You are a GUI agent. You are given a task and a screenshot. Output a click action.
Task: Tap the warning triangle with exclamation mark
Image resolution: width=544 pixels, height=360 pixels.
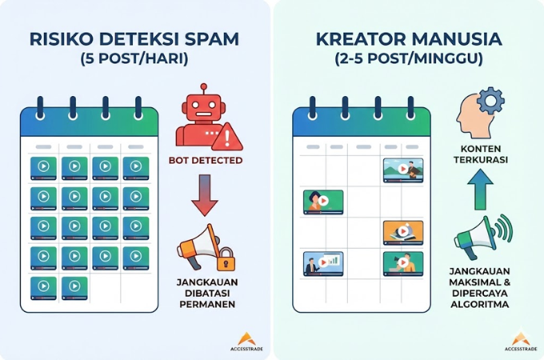(x=227, y=137)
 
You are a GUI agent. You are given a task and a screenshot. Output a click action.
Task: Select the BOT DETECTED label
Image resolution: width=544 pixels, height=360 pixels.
(x=206, y=161)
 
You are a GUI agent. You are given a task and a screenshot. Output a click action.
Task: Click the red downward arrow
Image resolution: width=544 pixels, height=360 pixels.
(x=205, y=195)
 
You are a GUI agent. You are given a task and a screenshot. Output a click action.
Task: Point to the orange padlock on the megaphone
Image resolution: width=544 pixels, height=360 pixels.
(x=226, y=259)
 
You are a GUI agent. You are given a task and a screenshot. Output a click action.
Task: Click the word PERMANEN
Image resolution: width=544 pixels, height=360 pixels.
(x=207, y=305)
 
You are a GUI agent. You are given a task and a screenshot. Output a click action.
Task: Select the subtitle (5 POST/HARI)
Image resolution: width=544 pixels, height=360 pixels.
(x=134, y=58)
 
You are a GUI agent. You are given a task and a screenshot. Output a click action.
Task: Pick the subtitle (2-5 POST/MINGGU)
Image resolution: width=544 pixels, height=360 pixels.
(x=409, y=58)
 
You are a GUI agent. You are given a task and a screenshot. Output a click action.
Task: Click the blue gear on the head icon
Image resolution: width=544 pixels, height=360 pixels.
(x=490, y=101)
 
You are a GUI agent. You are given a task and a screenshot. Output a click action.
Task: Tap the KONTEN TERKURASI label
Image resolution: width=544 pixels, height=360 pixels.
(x=481, y=154)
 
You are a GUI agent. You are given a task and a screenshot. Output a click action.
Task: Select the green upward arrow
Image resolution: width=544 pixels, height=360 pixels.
(x=480, y=190)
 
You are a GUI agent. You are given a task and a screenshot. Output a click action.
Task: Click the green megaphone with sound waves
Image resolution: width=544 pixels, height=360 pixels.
(x=483, y=237)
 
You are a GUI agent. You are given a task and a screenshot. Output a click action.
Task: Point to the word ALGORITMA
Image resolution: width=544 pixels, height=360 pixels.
(x=480, y=305)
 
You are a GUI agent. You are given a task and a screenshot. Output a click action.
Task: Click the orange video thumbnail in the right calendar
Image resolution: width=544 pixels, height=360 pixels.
(x=403, y=233)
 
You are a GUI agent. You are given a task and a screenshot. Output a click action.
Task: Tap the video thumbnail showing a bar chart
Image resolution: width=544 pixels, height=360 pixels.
(x=323, y=264)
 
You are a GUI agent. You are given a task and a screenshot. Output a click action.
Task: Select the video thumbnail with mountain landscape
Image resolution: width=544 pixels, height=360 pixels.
(x=403, y=170)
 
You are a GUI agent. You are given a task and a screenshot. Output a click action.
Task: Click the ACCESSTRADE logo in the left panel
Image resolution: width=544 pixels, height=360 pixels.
(x=246, y=342)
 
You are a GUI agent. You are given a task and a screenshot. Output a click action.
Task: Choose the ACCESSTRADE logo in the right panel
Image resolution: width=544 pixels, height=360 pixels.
(x=521, y=342)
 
